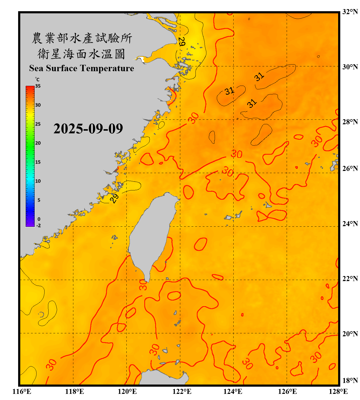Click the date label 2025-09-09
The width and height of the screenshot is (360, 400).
(x=88, y=129)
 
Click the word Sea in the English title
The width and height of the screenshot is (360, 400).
(x=37, y=68)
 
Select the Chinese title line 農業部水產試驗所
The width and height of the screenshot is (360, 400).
(x=82, y=38)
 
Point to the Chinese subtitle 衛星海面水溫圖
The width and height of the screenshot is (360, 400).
(x=81, y=54)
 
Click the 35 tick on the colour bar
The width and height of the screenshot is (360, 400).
(x=38, y=86)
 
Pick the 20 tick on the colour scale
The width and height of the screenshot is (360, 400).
(x=38, y=143)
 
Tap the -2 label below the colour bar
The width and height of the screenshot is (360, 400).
(x=38, y=226)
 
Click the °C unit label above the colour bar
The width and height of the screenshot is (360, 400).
(x=37, y=79)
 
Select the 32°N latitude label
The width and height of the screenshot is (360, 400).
(x=350, y=12)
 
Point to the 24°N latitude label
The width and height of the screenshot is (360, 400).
(x=350, y=224)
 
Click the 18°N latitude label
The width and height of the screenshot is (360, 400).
(x=350, y=381)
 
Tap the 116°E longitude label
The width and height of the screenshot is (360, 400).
(x=22, y=391)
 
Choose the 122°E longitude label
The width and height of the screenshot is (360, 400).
(x=182, y=391)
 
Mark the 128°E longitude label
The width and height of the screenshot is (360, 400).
(x=338, y=391)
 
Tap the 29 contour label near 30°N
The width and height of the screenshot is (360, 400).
(x=181, y=42)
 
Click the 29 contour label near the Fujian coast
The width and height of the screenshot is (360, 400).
(x=114, y=198)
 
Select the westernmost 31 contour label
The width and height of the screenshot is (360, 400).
(x=229, y=91)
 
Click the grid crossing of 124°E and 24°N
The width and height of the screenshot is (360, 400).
(x=233, y=226)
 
